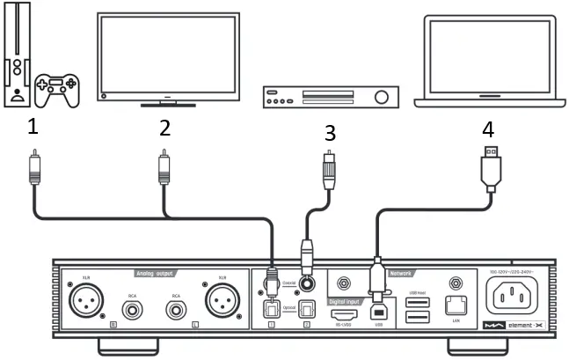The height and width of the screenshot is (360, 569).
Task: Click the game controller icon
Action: (x=55, y=88)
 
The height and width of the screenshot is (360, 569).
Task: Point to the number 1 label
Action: (x=33, y=128)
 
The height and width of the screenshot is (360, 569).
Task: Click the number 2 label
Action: (x=164, y=128)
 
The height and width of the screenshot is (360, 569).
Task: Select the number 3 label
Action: (x=330, y=134)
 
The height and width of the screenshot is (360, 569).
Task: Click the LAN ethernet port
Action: (x=456, y=306)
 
